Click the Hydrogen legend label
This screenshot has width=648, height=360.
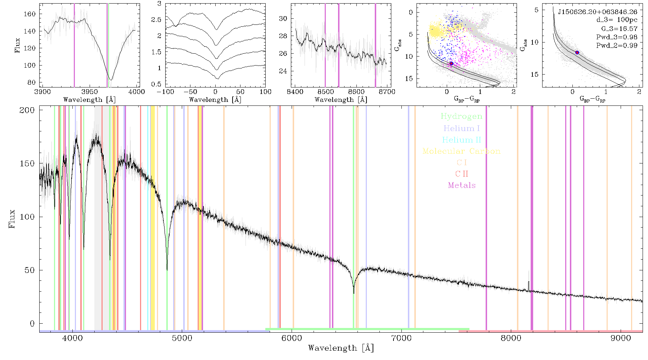tap(462, 116)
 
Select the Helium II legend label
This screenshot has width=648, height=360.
tap(462, 140)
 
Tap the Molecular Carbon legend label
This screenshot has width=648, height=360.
tap(462, 151)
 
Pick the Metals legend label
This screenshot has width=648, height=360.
tap(462, 185)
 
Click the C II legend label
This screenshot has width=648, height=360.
tap(462, 174)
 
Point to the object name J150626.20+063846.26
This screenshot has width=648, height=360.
tap(598, 12)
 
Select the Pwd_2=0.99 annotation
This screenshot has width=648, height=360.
tap(617, 45)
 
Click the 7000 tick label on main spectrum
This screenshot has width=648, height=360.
tap(401, 338)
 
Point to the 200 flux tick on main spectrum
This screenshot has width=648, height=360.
tap(27, 110)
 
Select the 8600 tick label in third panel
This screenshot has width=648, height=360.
tap(356, 91)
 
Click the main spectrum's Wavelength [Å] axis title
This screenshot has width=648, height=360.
tap(341, 348)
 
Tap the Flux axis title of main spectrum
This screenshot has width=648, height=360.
tap(12, 219)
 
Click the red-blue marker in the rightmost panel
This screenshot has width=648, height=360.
tap(577, 53)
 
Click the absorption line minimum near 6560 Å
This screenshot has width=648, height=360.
tap(354, 293)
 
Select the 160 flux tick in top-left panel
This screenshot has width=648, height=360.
tap(30, 14)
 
